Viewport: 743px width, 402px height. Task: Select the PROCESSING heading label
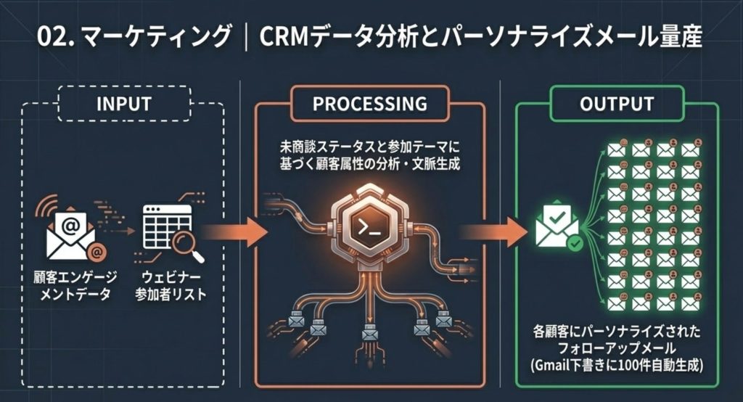369,104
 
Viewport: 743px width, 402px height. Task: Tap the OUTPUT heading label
617,104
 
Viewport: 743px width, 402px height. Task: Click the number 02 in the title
53,37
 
